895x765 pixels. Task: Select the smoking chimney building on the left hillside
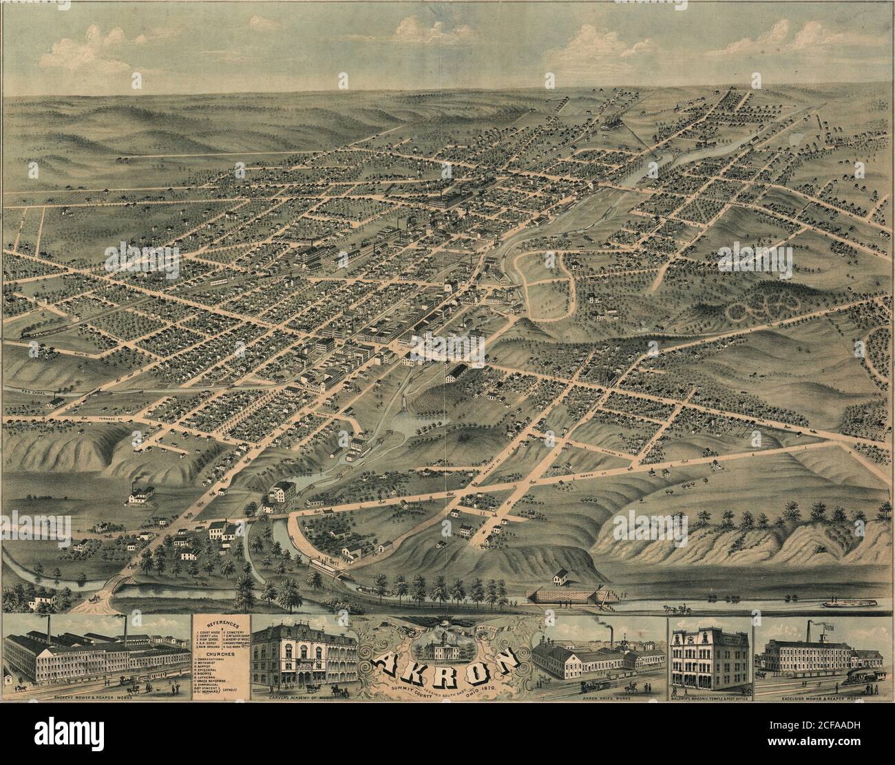[140, 494]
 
